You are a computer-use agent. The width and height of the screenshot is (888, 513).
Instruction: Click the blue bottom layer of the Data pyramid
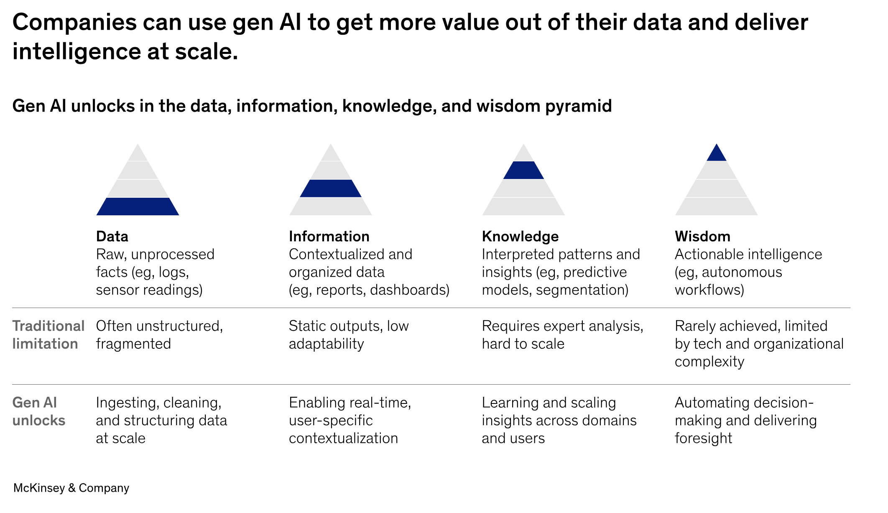(138, 207)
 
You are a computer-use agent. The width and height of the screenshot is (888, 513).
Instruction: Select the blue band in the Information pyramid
(330, 189)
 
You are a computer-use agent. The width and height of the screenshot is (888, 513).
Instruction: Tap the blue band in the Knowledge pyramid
(523, 170)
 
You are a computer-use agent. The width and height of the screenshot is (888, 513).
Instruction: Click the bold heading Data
(112, 236)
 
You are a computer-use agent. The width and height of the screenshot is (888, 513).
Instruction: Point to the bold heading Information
(329, 236)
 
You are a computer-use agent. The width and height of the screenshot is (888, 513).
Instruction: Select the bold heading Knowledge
(520, 236)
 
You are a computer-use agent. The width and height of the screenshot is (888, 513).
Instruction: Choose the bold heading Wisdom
(702, 236)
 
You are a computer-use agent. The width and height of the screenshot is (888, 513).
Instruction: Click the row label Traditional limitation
(48, 334)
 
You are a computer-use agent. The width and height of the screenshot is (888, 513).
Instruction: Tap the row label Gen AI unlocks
(39, 411)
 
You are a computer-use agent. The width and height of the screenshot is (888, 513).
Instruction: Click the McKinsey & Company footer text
(71, 488)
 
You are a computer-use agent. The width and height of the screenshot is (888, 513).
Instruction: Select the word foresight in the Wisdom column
(703, 438)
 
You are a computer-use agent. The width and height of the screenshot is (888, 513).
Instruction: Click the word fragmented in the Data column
(133, 344)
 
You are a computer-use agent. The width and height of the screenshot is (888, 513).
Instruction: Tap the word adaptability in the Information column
(326, 344)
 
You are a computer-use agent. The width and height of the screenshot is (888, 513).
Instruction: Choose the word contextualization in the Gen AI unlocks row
(343, 438)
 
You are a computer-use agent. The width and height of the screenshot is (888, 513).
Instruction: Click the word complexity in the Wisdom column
(709, 362)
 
